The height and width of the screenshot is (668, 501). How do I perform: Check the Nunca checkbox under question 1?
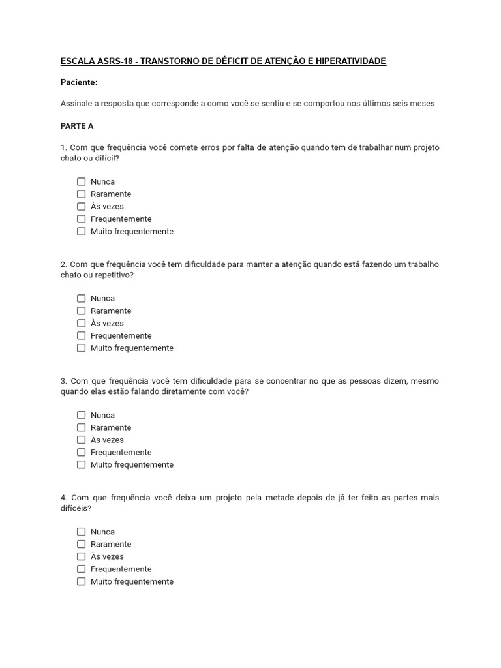click(82, 182)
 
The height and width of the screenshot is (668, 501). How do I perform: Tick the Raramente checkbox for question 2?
click(82, 311)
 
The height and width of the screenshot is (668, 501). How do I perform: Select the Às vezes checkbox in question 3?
click(82, 440)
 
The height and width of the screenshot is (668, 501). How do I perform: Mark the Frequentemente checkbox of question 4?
click(82, 569)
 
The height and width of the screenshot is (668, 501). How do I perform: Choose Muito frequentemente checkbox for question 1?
click(82, 232)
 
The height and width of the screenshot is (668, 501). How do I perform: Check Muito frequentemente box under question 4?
click(82, 582)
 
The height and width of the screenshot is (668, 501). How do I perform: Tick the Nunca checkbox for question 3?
click(82, 416)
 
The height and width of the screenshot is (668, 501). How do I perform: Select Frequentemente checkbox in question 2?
click(82, 336)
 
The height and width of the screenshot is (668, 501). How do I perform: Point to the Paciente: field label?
click(79, 82)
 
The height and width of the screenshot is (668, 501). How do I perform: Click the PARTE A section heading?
click(77, 126)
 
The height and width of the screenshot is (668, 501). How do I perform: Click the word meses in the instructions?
click(422, 104)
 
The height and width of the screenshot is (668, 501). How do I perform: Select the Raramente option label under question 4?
click(111, 545)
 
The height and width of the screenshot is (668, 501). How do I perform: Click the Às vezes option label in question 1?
click(107, 207)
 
